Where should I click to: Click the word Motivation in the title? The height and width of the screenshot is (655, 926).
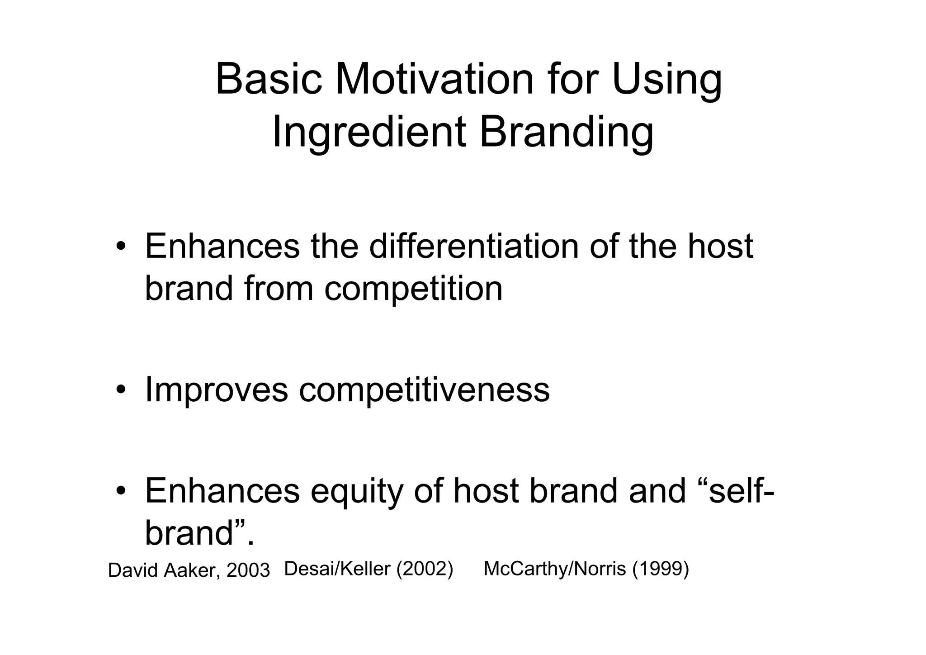(434, 80)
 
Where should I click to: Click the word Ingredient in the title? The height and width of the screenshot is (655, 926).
(369, 132)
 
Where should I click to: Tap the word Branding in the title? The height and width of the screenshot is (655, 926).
(566, 132)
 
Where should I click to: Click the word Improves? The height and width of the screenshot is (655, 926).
(216, 390)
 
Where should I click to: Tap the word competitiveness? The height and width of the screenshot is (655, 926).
(424, 390)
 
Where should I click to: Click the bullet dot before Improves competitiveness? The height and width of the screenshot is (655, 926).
(120, 390)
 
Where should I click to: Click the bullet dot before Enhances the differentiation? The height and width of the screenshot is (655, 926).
(120, 247)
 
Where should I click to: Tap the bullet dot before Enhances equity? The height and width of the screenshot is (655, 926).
(120, 492)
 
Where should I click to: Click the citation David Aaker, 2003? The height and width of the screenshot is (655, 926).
(189, 570)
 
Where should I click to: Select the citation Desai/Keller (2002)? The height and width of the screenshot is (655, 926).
(369, 569)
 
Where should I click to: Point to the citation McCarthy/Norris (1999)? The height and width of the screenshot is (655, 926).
(586, 569)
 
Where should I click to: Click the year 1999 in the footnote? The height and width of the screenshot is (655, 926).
(660, 569)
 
